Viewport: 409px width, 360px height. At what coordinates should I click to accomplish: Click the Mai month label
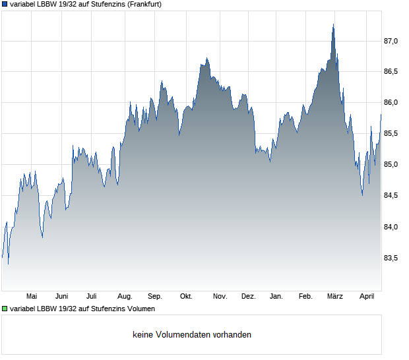pos(31,297)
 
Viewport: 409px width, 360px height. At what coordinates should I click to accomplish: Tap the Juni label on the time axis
pos(61,297)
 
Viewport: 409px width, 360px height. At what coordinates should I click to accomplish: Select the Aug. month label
pos(125,297)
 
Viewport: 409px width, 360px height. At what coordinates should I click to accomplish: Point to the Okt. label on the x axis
pos(186,297)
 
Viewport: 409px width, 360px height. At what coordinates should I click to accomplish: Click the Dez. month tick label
pos(248,297)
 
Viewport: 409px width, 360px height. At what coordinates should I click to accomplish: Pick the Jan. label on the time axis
pos(276,297)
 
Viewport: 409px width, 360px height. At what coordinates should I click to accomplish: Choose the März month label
pos(335,297)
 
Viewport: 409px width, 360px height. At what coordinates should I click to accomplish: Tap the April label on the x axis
pos(366,297)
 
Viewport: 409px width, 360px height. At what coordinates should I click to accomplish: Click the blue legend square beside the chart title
pos(5,4)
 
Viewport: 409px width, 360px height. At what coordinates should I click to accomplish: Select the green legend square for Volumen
pos(5,309)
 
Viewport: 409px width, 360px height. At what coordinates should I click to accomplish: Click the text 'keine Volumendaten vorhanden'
pos(192,335)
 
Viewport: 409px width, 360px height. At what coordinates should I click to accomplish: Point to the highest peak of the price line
pos(333,24)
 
